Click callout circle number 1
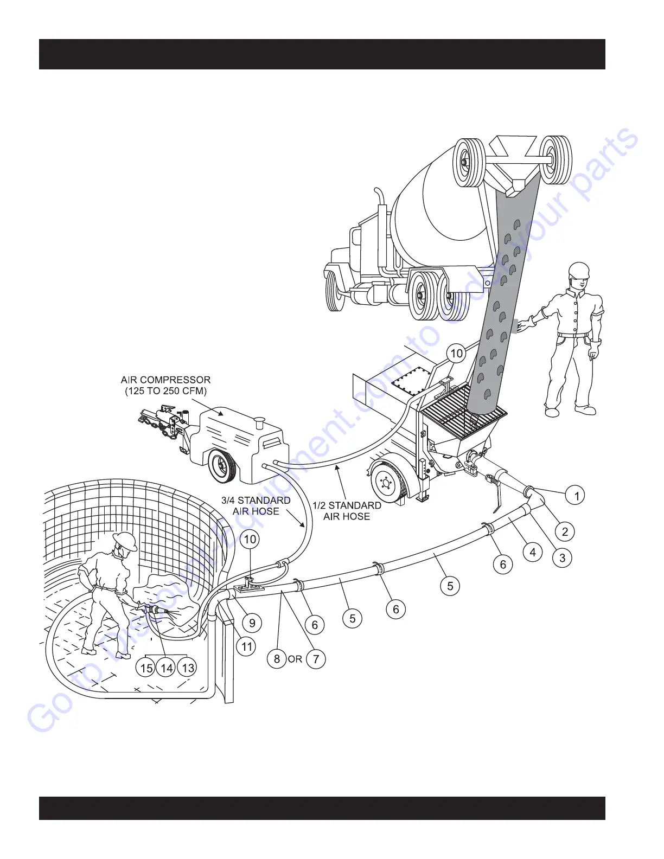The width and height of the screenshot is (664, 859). coord(576,495)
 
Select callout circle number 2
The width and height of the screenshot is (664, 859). coord(565,531)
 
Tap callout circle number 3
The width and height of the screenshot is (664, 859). coord(562,557)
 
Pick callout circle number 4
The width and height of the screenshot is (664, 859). coord(533,552)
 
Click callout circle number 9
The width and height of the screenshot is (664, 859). coord(252,623)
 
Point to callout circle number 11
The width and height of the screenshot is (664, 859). coord(247,646)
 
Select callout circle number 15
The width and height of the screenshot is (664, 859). coord(146,668)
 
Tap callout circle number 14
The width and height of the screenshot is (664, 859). coord(167,668)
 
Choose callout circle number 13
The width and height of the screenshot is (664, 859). coord(188,668)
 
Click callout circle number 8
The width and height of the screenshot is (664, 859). coord(277,659)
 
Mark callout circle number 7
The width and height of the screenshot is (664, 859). coord(316,659)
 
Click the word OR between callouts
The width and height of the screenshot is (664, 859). coord(296,659)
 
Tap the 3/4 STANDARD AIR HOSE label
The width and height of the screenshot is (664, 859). coord(256,505)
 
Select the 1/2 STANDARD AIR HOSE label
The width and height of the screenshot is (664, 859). coord(347,511)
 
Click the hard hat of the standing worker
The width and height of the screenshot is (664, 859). coord(579,270)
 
